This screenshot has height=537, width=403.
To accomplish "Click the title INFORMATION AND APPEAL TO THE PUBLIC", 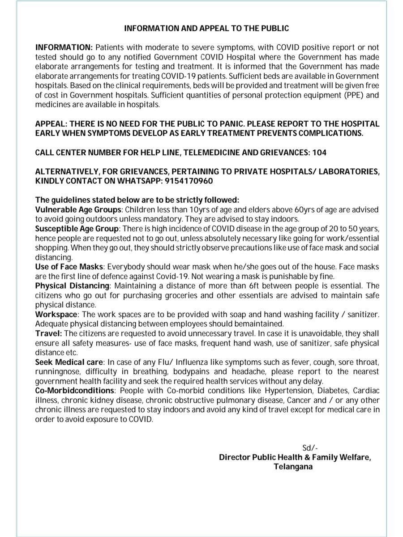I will (x=206, y=28).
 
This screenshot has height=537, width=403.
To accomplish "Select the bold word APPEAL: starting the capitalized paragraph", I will (x=51, y=123).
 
